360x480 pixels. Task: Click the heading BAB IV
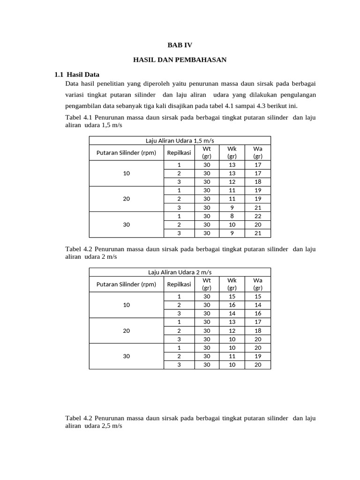[x=180, y=45]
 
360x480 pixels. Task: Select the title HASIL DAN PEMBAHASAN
[x=180, y=60]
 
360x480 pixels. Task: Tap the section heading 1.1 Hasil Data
[x=77, y=75]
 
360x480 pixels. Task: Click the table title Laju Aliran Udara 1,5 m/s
[x=180, y=140]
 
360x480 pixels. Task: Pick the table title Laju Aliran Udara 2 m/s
[x=180, y=272]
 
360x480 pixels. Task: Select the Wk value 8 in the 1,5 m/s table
[x=232, y=216]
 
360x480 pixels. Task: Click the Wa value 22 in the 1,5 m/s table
[x=257, y=216]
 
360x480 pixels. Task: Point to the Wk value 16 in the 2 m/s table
[x=232, y=305]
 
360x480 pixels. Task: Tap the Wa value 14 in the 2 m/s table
[x=257, y=305]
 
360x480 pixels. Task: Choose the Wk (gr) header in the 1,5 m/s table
[x=232, y=152]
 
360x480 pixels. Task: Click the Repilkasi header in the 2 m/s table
[x=179, y=284]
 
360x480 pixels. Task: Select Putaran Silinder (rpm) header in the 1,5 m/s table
[x=126, y=152]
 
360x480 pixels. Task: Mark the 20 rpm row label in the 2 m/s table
[x=126, y=330]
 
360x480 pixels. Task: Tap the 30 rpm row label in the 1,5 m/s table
[x=126, y=225]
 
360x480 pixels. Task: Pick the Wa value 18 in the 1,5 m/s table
[x=257, y=182]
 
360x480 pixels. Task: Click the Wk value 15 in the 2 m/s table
[x=232, y=296]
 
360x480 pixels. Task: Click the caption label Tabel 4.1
[x=79, y=117]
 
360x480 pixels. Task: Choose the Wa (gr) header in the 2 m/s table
[x=257, y=284]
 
